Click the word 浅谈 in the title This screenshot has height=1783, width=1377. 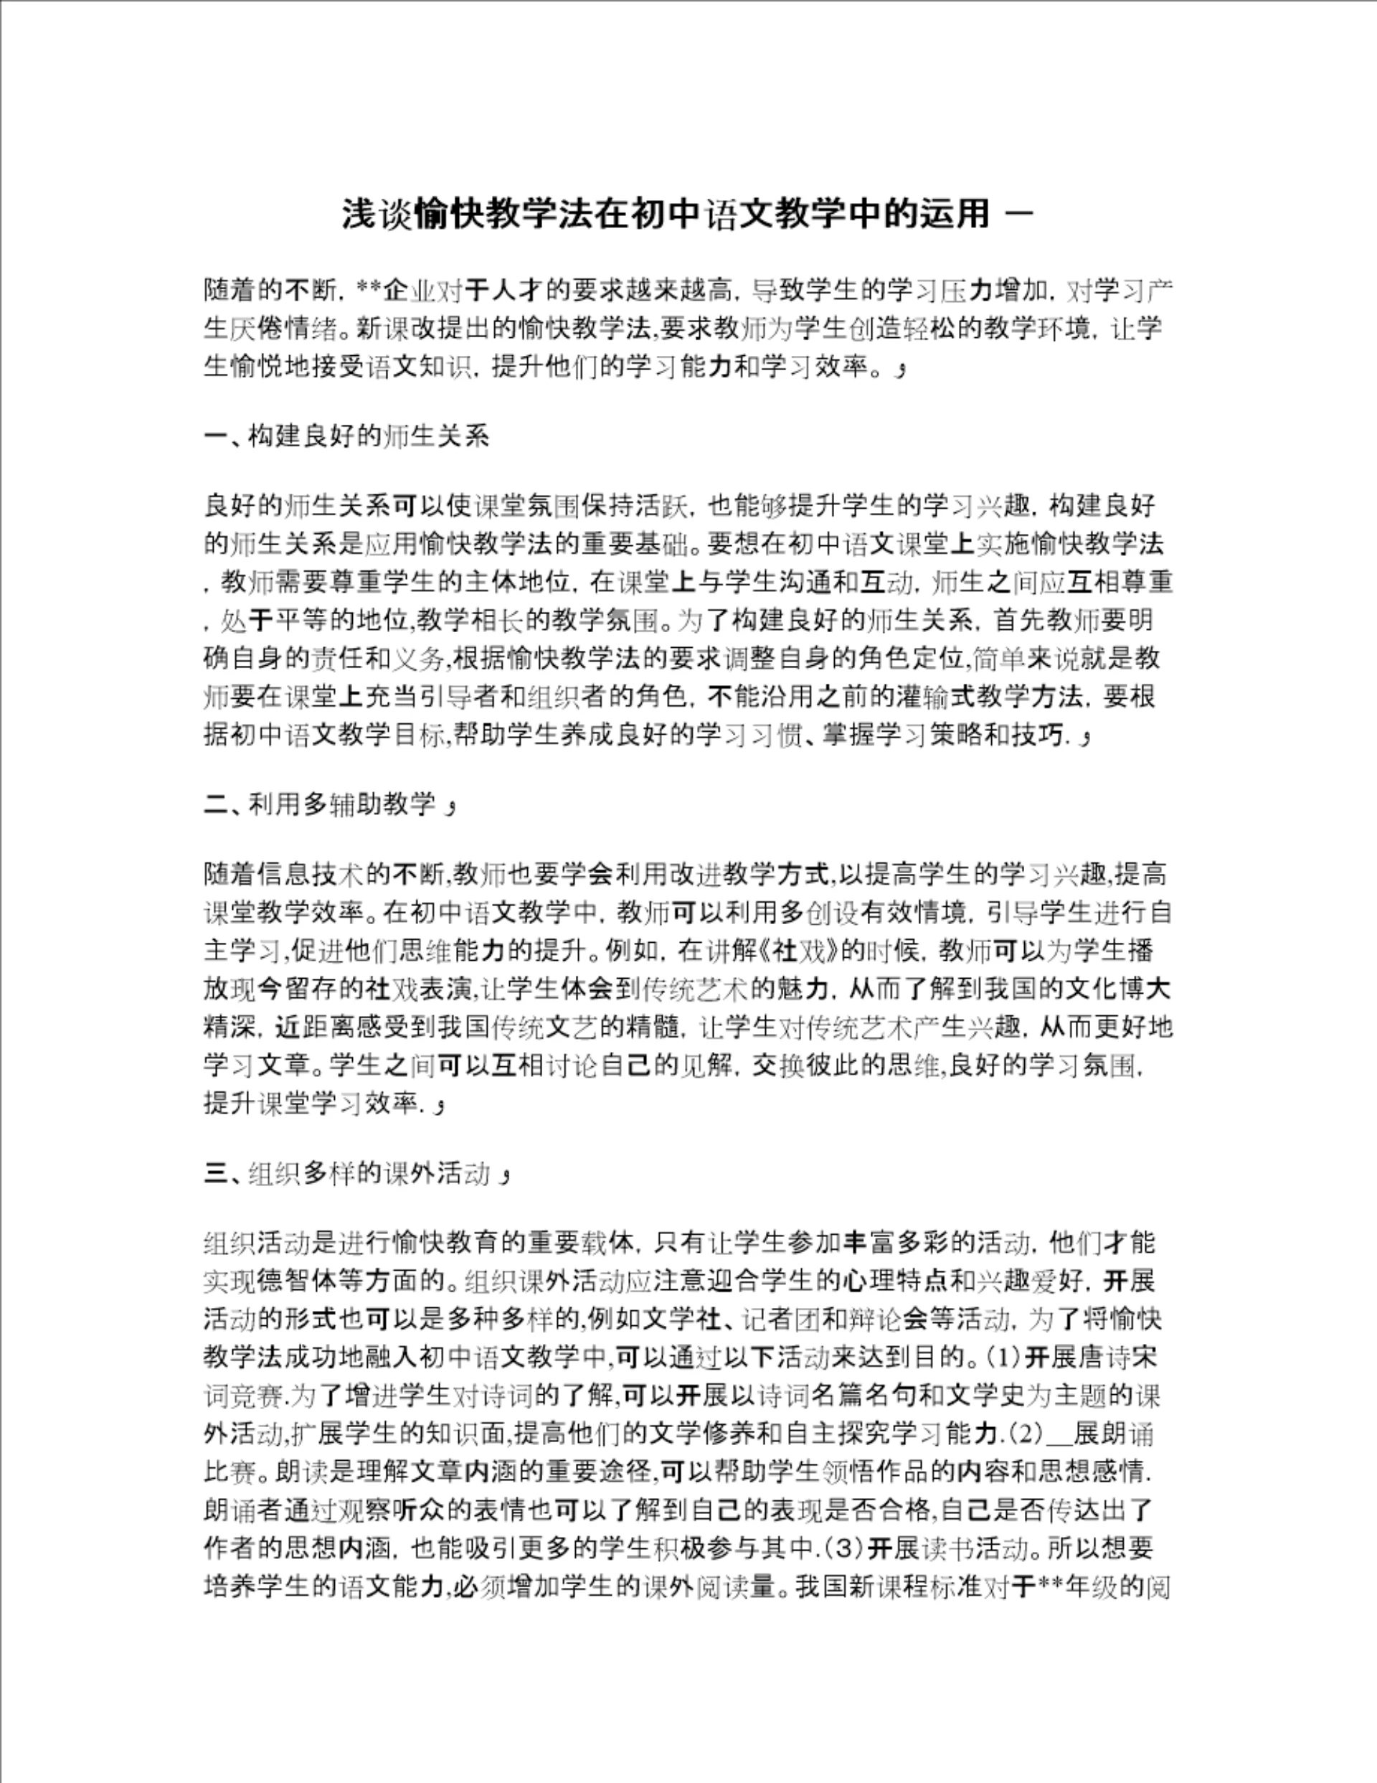point(378,215)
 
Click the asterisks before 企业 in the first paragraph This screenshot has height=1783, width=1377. point(371,289)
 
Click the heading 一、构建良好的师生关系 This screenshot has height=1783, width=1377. point(347,437)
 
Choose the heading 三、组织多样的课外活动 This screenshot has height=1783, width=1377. point(347,1174)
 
